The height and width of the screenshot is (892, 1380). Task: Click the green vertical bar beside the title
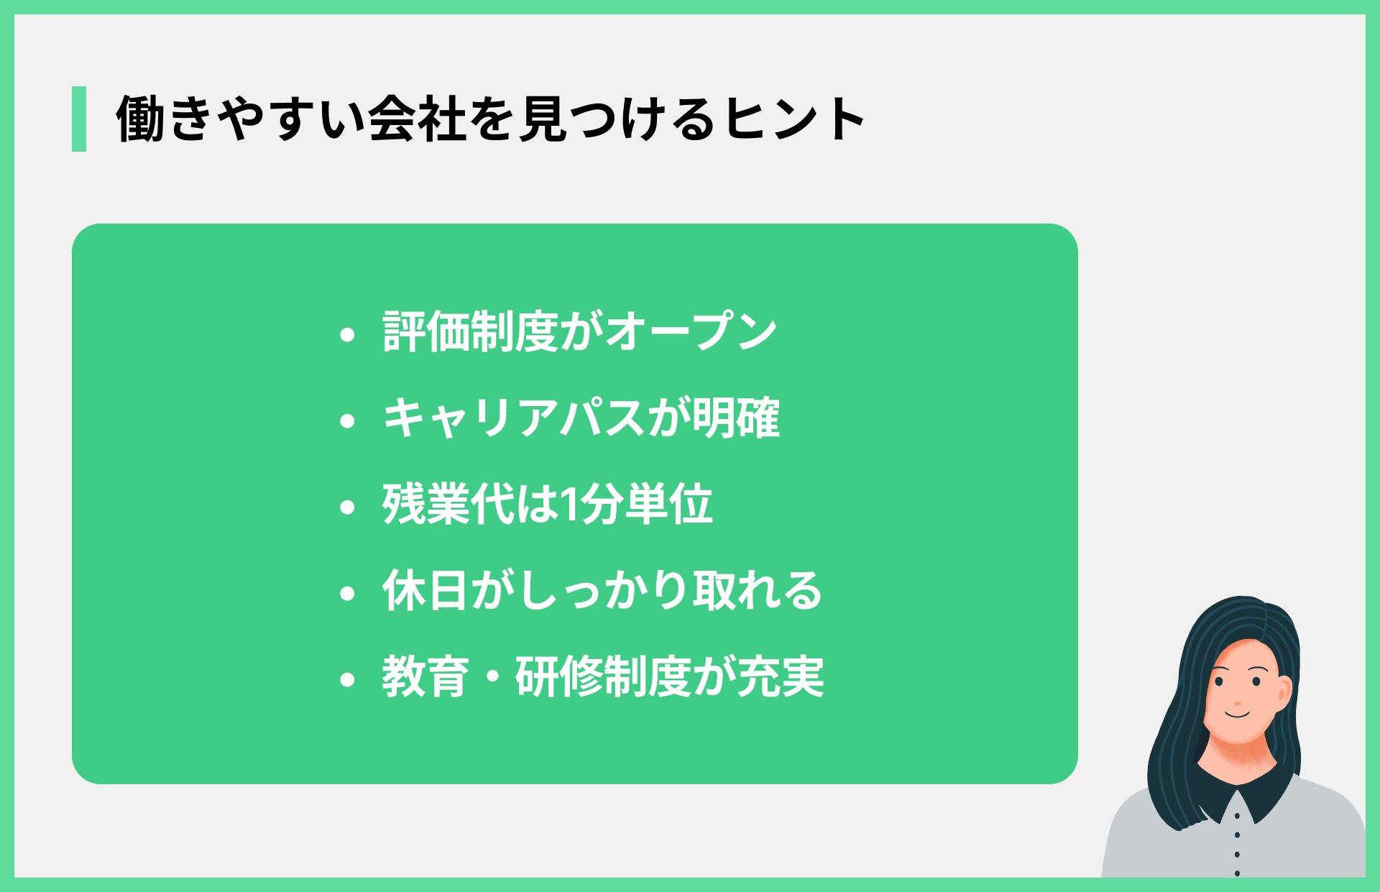click(x=79, y=119)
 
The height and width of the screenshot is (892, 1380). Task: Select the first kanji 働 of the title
click(x=141, y=119)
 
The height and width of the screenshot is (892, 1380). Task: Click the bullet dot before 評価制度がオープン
click(x=348, y=334)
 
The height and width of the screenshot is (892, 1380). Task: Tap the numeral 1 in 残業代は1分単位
click(x=569, y=505)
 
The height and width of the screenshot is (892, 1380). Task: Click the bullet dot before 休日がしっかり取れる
click(x=348, y=594)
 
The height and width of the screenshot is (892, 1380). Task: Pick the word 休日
click(x=425, y=590)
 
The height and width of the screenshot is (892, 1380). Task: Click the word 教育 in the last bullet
click(x=425, y=677)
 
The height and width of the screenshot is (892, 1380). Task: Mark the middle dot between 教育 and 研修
click(x=493, y=678)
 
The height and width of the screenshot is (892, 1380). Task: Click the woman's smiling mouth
click(x=1238, y=714)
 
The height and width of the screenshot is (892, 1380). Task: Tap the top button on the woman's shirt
click(x=1237, y=817)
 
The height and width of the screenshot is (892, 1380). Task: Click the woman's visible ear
click(x=1284, y=691)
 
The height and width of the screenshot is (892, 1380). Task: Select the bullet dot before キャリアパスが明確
click(x=348, y=420)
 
